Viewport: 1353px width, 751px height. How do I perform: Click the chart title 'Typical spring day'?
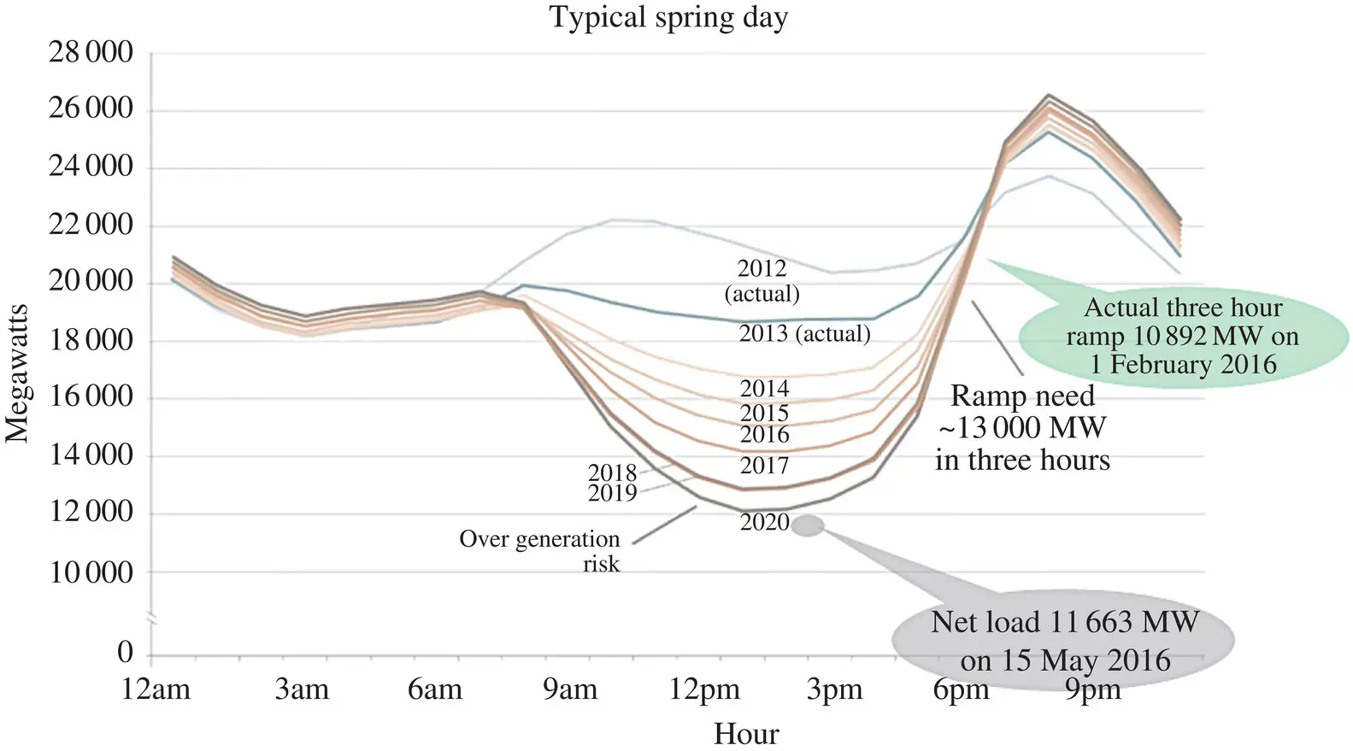[668, 17]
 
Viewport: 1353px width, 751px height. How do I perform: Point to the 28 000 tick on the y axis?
[91, 53]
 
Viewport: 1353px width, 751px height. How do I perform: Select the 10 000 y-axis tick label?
[91, 572]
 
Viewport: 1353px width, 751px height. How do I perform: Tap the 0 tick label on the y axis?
[126, 653]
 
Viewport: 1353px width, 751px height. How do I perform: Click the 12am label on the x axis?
[156, 689]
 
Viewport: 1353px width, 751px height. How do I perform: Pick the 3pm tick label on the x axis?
[834, 689]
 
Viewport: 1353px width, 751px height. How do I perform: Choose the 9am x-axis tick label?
[570, 689]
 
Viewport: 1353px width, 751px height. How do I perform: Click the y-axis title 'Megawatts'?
[18, 373]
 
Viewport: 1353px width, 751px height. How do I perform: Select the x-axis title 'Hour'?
[746, 734]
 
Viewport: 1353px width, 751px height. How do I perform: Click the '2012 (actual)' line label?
[762, 281]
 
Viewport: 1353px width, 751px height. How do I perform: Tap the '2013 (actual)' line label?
[804, 333]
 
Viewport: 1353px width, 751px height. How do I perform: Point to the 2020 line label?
[764, 522]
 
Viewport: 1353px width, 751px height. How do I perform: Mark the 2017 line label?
[764, 466]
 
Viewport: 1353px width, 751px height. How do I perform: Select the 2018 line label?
[612, 472]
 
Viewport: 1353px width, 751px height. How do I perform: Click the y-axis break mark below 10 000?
[151, 619]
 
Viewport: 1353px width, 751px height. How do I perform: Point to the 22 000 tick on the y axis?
[91, 226]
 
